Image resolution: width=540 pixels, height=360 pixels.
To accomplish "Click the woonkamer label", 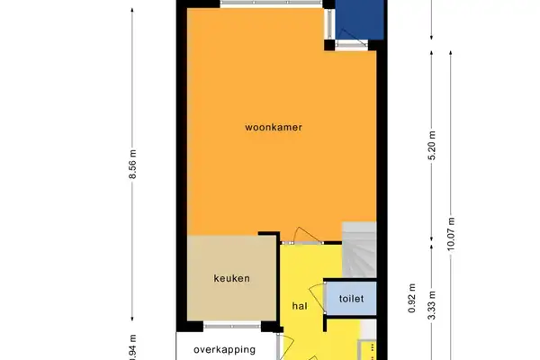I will click(273, 128).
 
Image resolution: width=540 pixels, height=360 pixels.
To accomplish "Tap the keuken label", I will click(231, 278).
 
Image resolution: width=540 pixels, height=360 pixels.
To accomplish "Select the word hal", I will click(300, 306).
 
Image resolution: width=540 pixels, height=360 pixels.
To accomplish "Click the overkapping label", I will click(225, 350).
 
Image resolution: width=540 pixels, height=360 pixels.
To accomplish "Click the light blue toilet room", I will click(350, 298).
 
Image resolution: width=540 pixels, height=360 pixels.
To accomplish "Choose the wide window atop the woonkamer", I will click(260, 4).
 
